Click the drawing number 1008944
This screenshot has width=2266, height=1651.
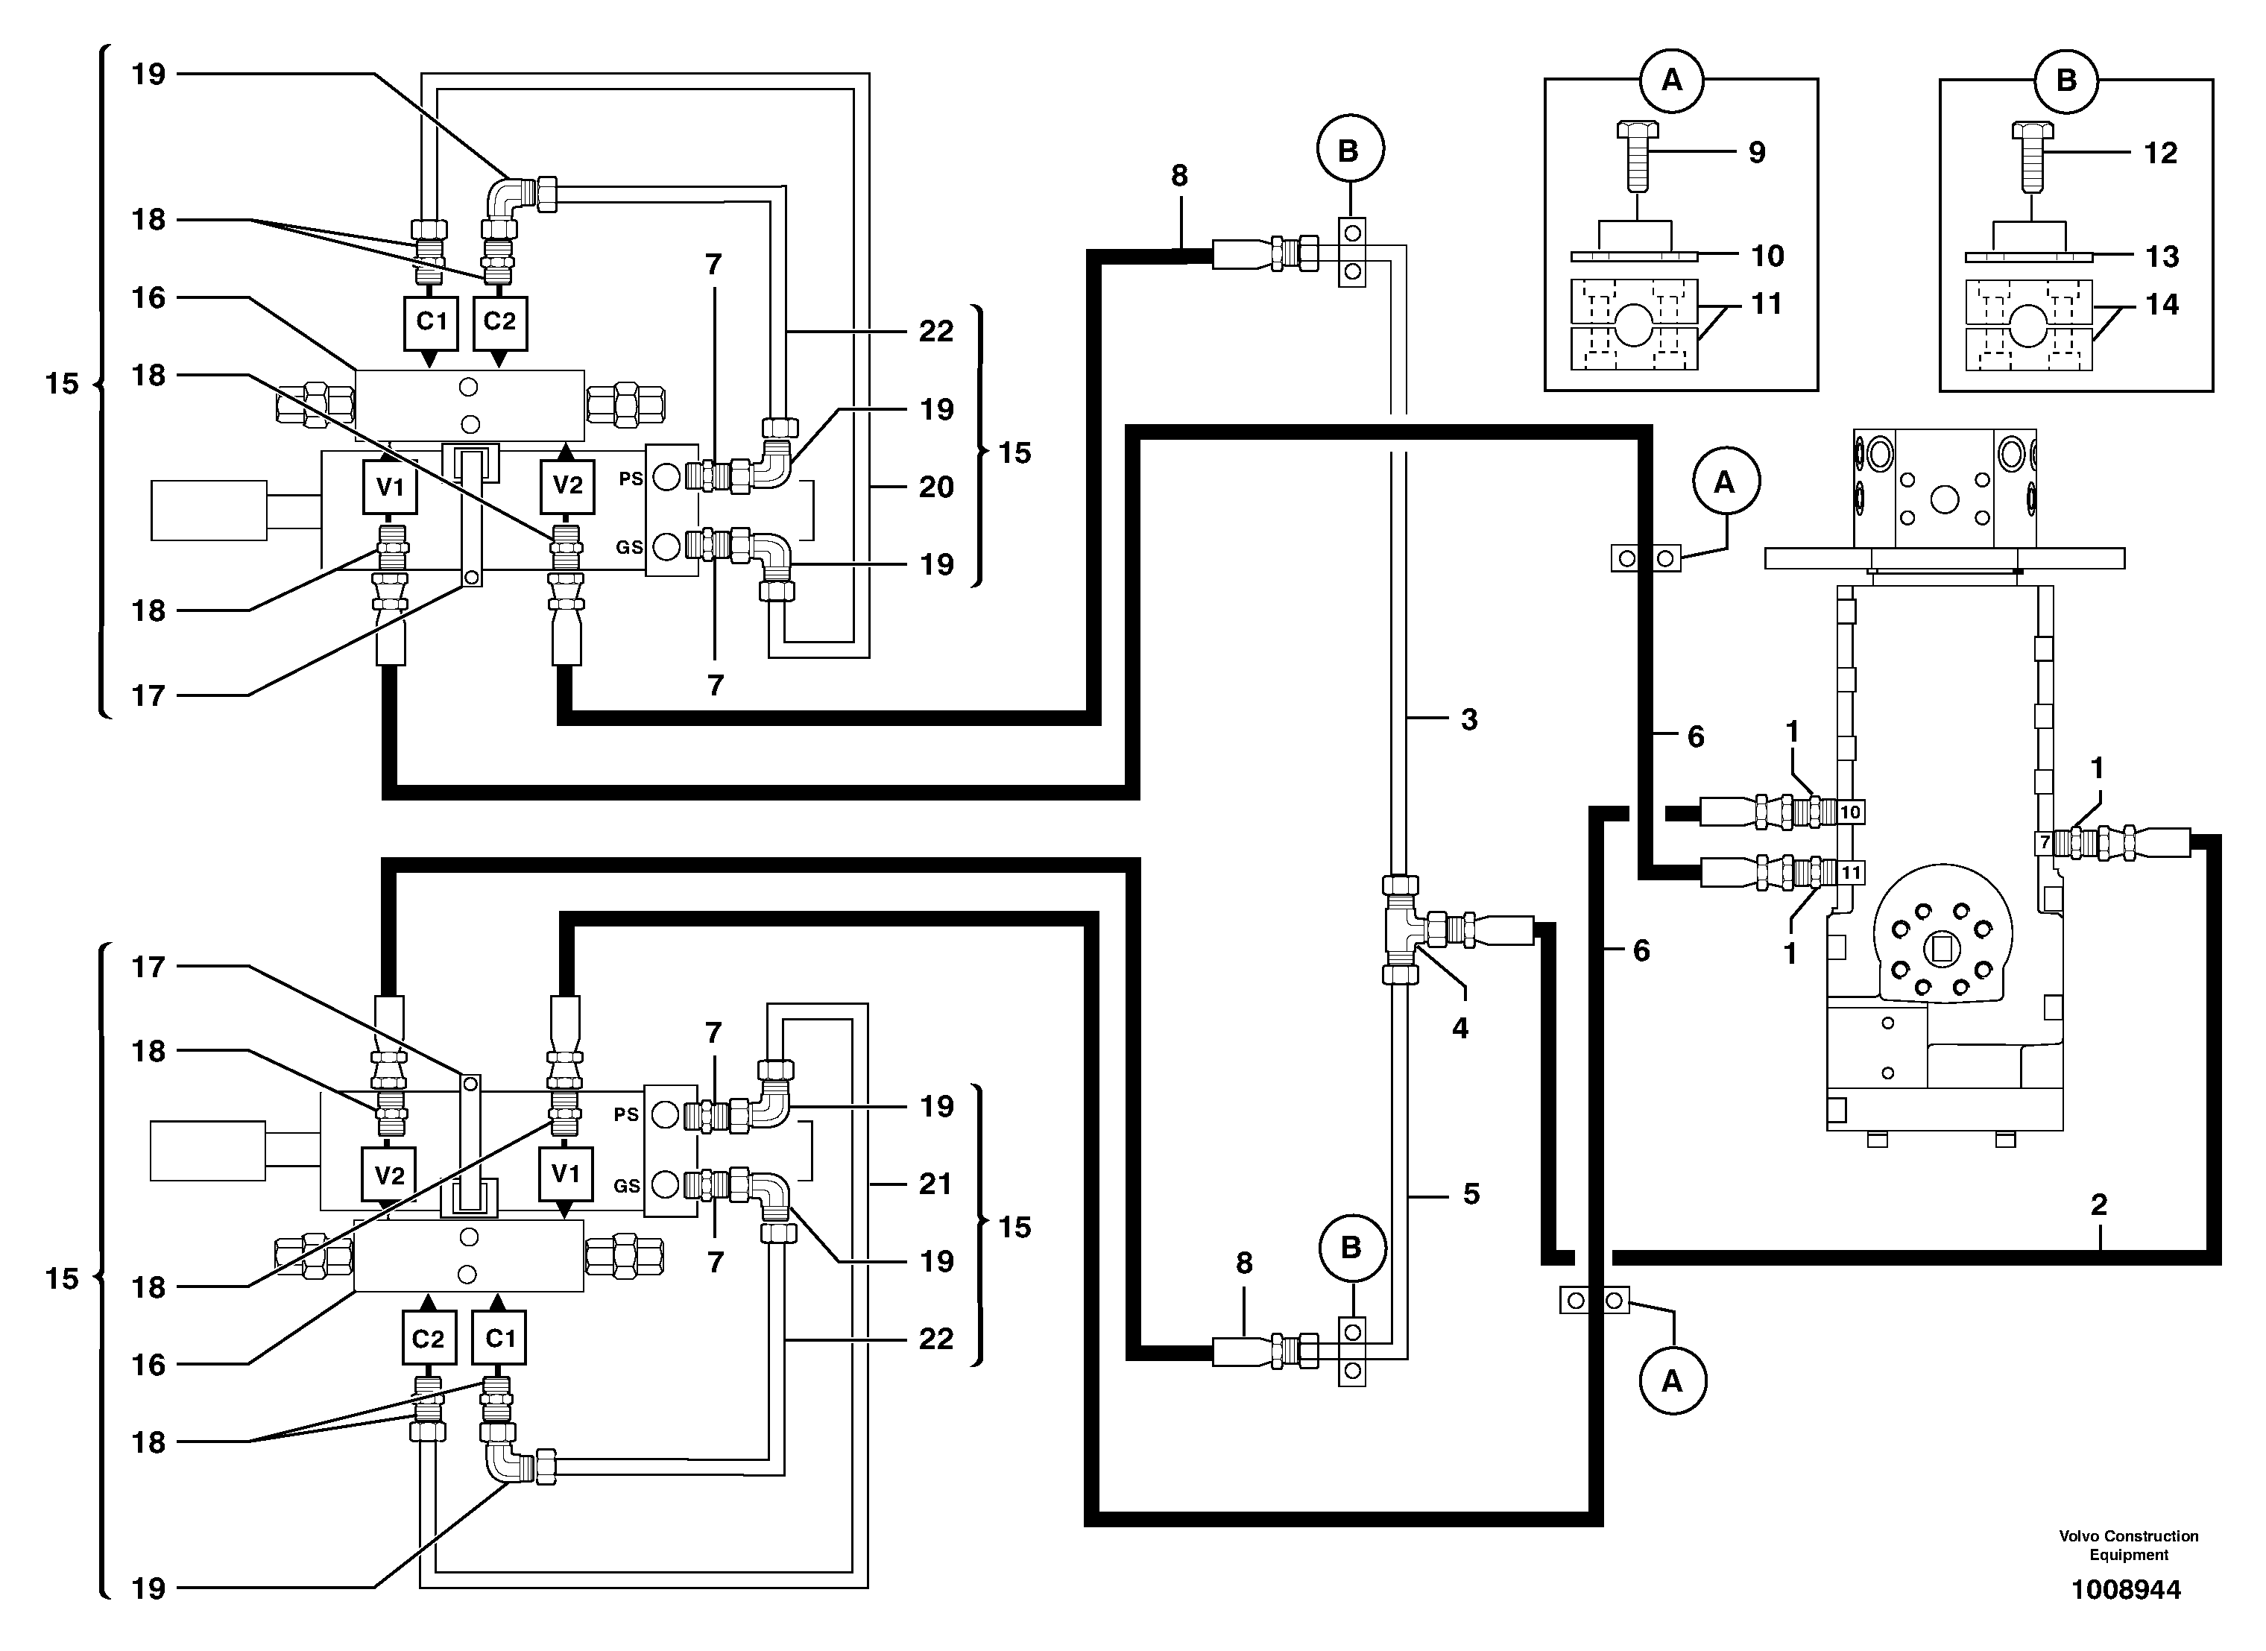click(2126, 1589)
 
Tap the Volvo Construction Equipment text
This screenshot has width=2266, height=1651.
click(2128, 1545)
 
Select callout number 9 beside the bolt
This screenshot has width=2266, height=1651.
click(1757, 152)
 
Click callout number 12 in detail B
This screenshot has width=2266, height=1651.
click(2160, 153)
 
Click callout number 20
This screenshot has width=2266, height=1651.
click(936, 487)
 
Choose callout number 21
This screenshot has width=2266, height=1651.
click(935, 1184)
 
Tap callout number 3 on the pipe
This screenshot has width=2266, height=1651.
click(1468, 719)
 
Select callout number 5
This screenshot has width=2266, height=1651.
click(1471, 1193)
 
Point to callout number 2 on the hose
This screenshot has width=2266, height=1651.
click(2098, 1205)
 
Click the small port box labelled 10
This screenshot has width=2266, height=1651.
click(1850, 812)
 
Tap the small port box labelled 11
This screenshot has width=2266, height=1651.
click(1851, 873)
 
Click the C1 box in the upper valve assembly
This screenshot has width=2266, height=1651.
click(431, 322)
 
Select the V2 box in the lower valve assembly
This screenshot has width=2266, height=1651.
click(389, 1175)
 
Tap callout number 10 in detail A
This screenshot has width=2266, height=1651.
click(1767, 256)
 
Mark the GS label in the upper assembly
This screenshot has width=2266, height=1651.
click(628, 548)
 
